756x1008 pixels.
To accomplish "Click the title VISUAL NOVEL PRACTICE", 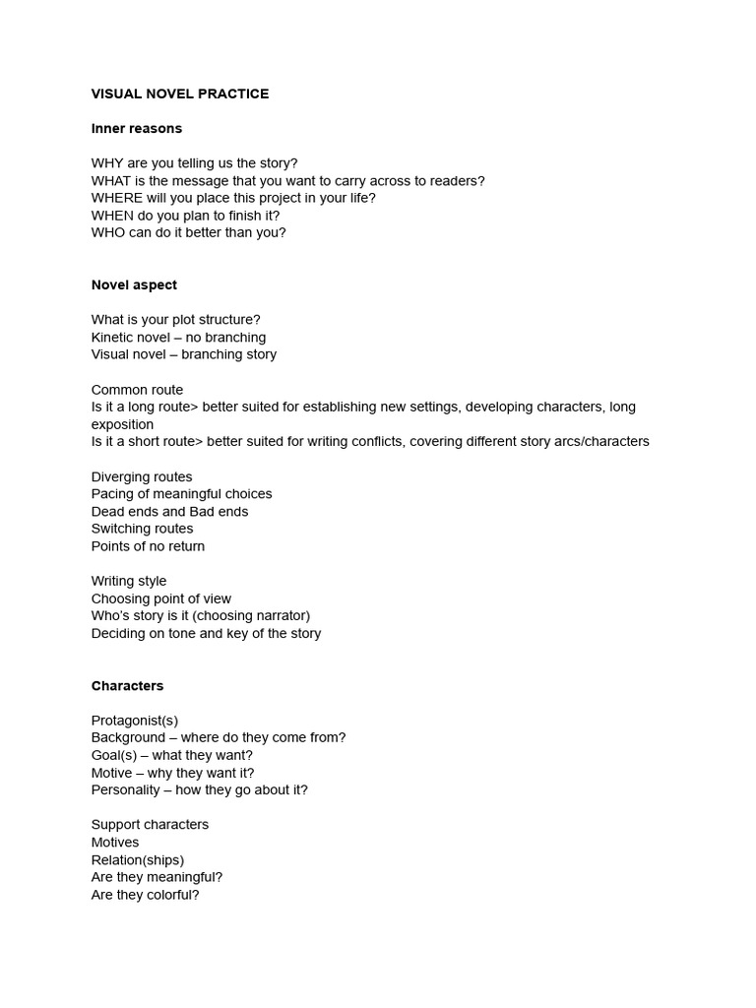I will [180, 94].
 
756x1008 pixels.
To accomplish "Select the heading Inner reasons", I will [137, 128].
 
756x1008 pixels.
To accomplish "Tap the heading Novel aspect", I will [134, 284].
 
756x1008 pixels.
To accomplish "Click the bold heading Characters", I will [127, 685].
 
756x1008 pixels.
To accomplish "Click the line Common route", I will [137, 390].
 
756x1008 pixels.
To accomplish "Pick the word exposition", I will [122, 424].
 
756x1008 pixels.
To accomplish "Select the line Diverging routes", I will [142, 476].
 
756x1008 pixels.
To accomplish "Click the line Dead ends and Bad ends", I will [169, 511].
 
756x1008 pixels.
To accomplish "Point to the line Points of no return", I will [148, 546].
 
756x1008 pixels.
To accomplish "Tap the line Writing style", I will [129, 581].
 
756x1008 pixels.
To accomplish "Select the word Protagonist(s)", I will [135, 721].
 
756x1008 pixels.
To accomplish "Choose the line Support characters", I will [150, 825].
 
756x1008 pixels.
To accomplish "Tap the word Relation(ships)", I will [138, 859].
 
